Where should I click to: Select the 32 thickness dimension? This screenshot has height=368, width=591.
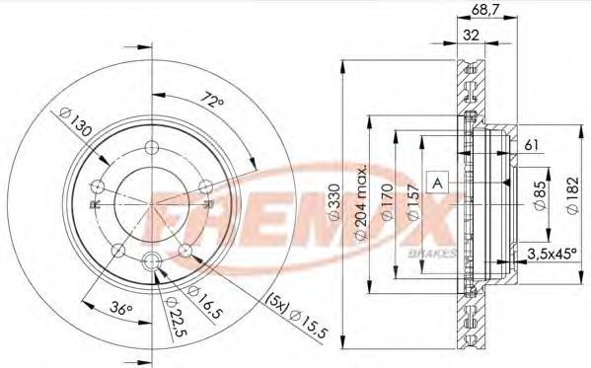471,36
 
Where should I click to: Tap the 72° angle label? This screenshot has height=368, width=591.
212,101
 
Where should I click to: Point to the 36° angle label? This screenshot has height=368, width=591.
121,309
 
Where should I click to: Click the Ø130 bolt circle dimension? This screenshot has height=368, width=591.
76,122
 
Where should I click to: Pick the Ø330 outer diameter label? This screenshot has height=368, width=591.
333,201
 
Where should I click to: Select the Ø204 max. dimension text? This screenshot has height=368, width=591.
361,201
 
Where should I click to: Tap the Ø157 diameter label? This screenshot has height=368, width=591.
413,201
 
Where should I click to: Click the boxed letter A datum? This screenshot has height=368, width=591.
438,183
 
